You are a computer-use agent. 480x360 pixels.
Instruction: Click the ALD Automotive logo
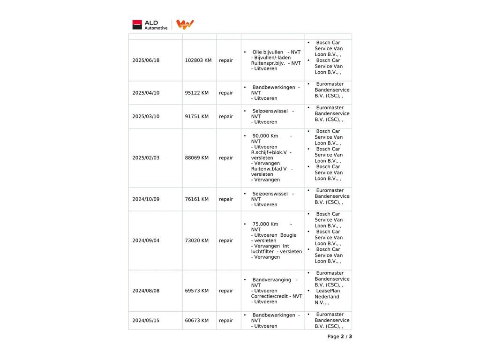click(x=150, y=25)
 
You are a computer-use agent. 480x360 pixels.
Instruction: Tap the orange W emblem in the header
click(x=185, y=24)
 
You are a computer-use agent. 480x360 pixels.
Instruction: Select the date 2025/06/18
click(x=146, y=60)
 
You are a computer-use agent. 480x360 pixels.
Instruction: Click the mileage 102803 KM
click(x=198, y=60)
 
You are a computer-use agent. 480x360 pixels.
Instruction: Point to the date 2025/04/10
click(x=146, y=93)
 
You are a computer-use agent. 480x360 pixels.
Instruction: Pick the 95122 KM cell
click(x=197, y=93)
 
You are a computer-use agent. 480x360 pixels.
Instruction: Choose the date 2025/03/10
click(x=146, y=117)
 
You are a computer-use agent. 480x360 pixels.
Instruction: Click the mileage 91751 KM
click(x=197, y=117)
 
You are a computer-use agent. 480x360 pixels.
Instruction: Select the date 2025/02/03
click(x=146, y=158)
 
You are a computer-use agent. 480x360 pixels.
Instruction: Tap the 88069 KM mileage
click(x=197, y=158)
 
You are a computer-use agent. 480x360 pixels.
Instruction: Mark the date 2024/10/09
click(x=146, y=199)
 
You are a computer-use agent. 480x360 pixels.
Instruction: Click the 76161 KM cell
click(x=197, y=199)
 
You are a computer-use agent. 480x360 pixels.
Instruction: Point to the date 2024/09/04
click(x=146, y=240)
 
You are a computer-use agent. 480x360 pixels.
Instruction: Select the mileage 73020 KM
click(x=197, y=240)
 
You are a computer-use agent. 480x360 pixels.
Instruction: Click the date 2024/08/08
click(x=146, y=291)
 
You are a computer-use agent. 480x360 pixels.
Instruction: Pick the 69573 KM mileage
click(x=197, y=291)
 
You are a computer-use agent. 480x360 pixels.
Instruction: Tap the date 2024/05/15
click(x=146, y=321)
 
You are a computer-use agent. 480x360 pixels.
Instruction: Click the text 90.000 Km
click(x=265, y=136)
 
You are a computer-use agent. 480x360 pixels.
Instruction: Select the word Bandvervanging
click(x=272, y=280)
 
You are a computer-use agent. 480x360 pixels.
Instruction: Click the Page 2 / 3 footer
click(x=339, y=337)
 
